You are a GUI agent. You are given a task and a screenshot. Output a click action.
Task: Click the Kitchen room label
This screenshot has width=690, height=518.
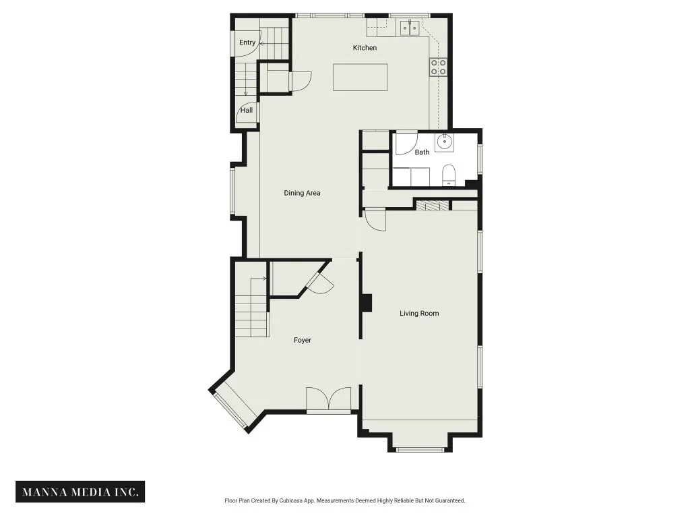pyautogui.click(x=365, y=48)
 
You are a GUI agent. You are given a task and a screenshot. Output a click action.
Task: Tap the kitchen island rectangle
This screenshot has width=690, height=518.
pyautogui.click(x=360, y=77)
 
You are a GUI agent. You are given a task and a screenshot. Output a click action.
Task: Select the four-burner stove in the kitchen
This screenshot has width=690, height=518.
pyautogui.click(x=438, y=67)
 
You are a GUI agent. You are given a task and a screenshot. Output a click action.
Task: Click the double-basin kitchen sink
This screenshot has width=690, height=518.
pyautogui.click(x=409, y=27)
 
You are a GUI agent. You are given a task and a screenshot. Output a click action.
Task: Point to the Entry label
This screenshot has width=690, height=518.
pyautogui.click(x=247, y=42)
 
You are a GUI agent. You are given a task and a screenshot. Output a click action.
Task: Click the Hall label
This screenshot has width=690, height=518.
pyautogui.click(x=247, y=110)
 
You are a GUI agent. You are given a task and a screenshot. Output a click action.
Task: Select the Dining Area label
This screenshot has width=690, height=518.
pyautogui.click(x=303, y=193)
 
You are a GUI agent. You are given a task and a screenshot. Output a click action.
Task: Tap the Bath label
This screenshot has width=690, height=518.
pyautogui.click(x=422, y=152)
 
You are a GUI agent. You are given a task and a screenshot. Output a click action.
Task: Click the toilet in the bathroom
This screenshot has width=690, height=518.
pyautogui.click(x=449, y=175)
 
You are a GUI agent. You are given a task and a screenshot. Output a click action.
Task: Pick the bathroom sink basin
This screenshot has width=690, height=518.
pyautogui.click(x=445, y=142)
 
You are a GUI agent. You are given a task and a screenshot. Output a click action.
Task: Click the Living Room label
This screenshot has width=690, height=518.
pyautogui.click(x=419, y=313)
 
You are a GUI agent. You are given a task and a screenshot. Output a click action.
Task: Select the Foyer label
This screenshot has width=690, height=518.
pyautogui.click(x=303, y=340)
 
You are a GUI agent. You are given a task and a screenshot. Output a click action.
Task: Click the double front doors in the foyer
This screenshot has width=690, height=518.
pyautogui.click(x=329, y=399)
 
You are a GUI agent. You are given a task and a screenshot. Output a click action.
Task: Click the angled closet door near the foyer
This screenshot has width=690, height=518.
pyautogui.click(x=320, y=281)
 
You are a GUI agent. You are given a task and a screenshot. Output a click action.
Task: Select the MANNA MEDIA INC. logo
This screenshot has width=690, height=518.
pyautogui.click(x=80, y=492)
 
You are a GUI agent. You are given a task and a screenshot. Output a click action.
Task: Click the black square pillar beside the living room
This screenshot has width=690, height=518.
pyautogui.click(x=366, y=303)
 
